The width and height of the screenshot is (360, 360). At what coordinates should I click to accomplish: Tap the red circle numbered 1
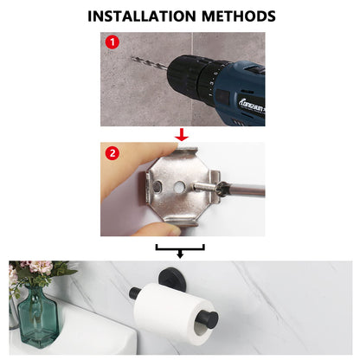tap(111, 42)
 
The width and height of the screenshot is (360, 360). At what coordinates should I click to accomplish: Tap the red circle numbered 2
tap(112, 154)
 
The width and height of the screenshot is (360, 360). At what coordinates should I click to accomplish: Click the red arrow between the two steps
tap(180, 133)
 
